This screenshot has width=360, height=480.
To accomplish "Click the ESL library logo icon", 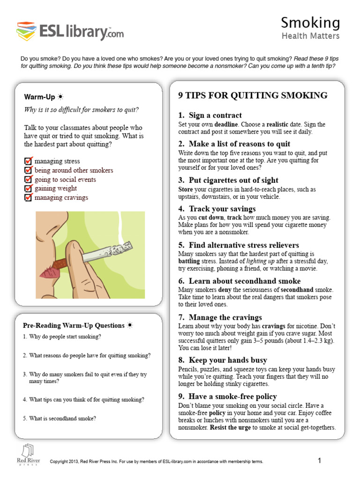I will coord(27,31).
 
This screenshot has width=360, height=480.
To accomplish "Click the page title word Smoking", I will coord(310,22).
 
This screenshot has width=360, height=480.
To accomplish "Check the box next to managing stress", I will coord(28,161).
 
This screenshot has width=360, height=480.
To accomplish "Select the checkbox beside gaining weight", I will coord(28,188).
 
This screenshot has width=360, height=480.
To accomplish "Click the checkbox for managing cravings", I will coord(28,197).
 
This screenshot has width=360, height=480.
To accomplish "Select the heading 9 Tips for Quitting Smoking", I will coord(253,96).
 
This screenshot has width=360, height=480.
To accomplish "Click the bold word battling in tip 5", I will coord(191,261).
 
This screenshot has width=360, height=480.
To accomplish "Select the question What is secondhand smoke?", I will coord(62,419).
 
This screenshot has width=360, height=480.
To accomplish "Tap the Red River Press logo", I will coord(28,454).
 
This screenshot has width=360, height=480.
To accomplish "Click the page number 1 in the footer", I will coord(319,461).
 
